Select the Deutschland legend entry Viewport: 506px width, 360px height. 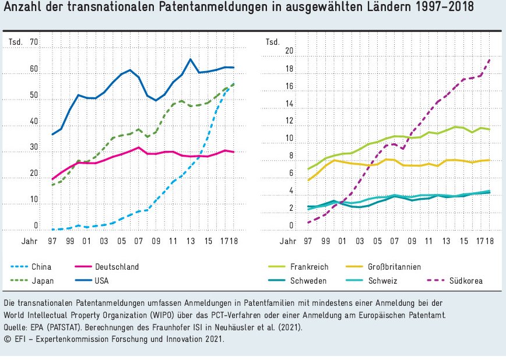[117, 267]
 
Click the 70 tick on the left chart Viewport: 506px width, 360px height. [33, 42]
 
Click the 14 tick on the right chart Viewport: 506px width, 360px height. [287, 104]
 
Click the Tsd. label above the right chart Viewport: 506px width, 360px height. [272, 42]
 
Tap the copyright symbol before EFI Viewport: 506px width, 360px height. [7, 338]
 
